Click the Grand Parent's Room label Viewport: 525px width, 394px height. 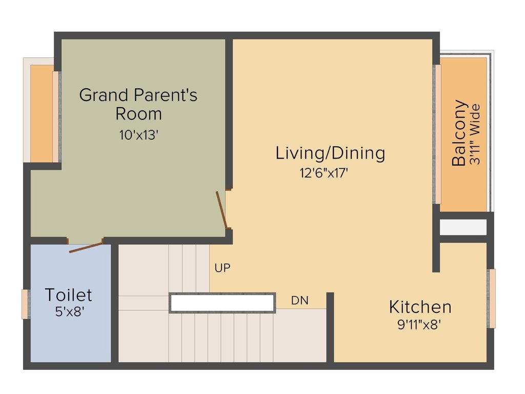tap(138, 104)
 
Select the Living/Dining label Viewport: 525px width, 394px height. tap(330, 153)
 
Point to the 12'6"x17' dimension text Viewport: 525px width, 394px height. tap(324, 173)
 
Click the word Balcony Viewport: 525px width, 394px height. tap(459, 133)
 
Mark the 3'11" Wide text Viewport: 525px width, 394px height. tap(476, 134)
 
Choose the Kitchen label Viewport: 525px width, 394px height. tap(420, 307)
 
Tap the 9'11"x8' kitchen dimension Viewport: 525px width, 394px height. tap(419, 325)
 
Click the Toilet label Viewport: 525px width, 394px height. tap(68, 295)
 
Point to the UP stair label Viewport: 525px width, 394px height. tap(222, 268)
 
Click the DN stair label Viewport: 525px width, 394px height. tap(300, 301)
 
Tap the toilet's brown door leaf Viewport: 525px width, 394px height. tap(86, 247)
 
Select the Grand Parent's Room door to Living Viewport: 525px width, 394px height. tap(221, 209)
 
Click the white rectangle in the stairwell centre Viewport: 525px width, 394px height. tap(222, 303)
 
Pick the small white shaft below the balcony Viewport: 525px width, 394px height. tap(463, 227)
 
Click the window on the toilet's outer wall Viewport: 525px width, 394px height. tap(25, 304)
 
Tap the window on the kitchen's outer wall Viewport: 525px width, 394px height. tap(492, 298)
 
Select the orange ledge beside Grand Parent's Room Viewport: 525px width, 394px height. tap(42, 113)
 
